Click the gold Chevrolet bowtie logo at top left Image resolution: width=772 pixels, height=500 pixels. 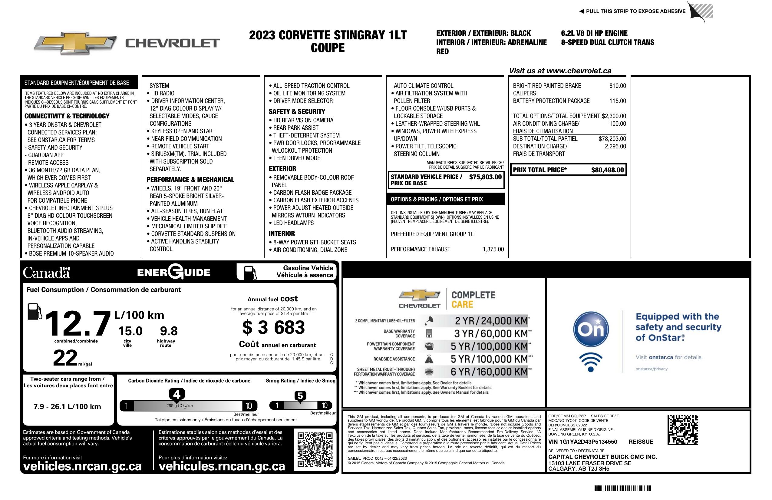pyautogui.click(x=75, y=43)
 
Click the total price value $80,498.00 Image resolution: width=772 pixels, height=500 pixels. pyautogui.click(x=607, y=170)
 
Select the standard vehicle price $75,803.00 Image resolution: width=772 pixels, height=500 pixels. pyautogui.click(x=485, y=177)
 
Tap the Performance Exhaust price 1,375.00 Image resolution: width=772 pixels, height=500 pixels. pyautogui.click(x=493, y=249)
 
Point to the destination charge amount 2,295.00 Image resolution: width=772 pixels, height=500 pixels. pyautogui.click(x=615, y=146)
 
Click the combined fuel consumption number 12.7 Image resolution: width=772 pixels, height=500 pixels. pyautogui.click(x=78, y=323)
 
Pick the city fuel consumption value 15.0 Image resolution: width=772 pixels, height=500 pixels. pyautogui.click(x=130, y=331)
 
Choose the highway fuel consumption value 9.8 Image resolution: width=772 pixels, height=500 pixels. pyautogui.click(x=169, y=331)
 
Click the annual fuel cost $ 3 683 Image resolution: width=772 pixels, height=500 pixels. pyautogui.click(x=273, y=327)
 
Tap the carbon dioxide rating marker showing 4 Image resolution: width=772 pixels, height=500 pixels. pyautogui.click(x=177, y=395)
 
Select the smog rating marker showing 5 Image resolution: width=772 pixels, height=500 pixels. pyautogui.click(x=300, y=396)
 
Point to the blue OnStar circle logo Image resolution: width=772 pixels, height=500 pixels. pyautogui.click(x=591, y=329)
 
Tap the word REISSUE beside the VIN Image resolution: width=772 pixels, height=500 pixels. pyautogui.click(x=641, y=442)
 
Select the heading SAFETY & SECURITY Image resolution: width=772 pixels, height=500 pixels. pyautogui.click(x=297, y=111)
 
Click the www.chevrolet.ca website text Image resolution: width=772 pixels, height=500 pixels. pyautogui.click(x=579, y=71)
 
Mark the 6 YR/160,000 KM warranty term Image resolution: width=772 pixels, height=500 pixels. pyautogui.click(x=489, y=372)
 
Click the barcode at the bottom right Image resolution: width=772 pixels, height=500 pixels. pyautogui.click(x=621, y=488)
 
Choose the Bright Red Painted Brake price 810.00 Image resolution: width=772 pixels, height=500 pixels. pyautogui.click(x=617, y=86)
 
